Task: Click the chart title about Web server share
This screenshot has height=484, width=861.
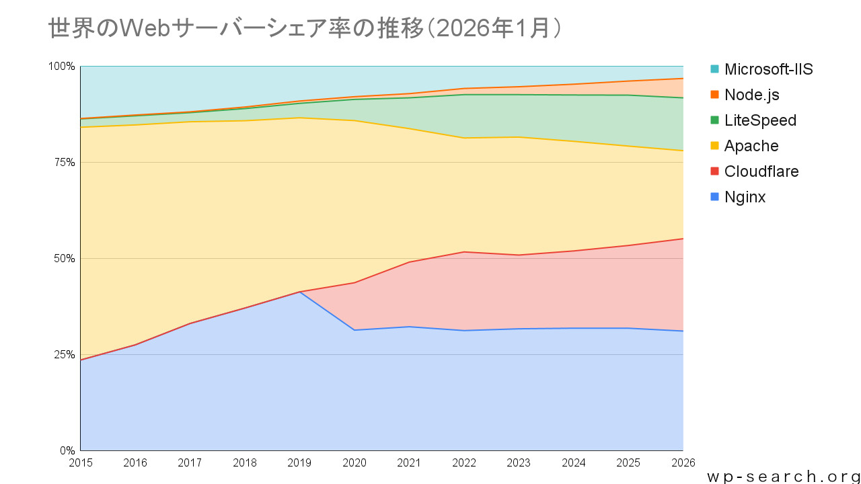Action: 305,28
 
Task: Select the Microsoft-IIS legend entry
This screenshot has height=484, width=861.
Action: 768,69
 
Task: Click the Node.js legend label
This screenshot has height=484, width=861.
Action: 751,95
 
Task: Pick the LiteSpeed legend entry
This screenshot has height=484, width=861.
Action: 760,120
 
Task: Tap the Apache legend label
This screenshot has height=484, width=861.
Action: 751,146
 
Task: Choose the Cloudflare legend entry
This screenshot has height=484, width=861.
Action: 761,171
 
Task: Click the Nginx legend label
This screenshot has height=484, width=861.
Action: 745,197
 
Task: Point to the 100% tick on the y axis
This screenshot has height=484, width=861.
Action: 62,67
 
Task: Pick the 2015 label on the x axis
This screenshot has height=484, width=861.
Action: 81,463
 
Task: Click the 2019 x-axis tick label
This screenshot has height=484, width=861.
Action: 299,463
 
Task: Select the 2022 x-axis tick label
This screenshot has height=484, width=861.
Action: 464,463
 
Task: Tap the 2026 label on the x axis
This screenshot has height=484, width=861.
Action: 683,463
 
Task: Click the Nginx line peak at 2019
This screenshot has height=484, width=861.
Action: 299,292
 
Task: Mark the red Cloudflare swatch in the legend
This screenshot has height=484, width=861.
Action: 714,171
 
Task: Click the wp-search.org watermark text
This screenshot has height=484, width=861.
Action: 783,476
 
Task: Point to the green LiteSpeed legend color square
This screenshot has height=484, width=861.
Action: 714,120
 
